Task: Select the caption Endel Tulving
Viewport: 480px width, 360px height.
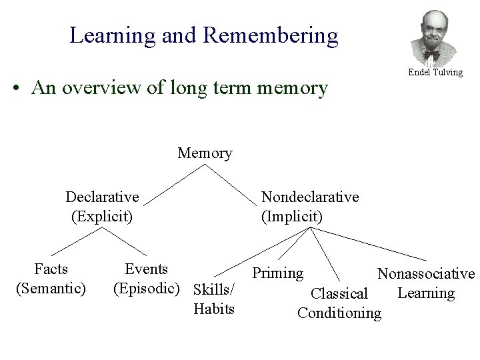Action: pos(435,72)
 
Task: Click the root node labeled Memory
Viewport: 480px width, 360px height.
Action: pos(205,153)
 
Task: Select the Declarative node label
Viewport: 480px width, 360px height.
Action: pos(102,197)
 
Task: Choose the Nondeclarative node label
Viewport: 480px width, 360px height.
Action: pos(310,197)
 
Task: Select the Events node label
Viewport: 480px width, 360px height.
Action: pos(147,269)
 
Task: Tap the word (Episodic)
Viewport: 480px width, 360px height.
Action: pos(147,288)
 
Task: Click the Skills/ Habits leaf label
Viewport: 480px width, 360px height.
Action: pos(213,299)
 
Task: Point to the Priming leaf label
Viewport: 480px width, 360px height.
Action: pos(277,273)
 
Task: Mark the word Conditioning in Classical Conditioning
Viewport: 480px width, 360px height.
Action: pos(339,313)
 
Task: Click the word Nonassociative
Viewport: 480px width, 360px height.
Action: pos(426,273)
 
